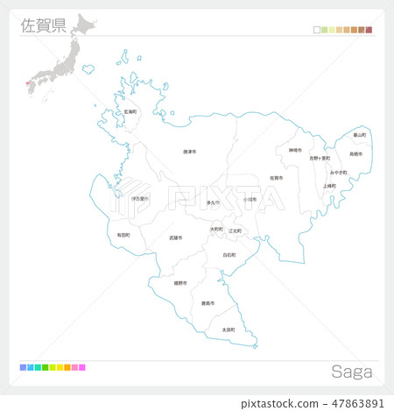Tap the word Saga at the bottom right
coord(350,371)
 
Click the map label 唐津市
coord(189,152)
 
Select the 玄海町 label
coord(130,111)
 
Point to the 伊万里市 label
coord(139,199)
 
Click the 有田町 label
coord(123,235)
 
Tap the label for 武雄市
coord(176,237)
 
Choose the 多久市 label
coord(213,202)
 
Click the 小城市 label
coord(250,199)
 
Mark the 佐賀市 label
coord(276,178)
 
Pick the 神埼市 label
coord(295,150)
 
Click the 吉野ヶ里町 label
coord(320,159)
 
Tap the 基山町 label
coord(359,135)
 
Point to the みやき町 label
coord(339,172)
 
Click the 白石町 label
coord(229,255)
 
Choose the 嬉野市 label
coord(179,283)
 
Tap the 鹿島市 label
coord(208,303)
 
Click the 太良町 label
coord(228,330)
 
